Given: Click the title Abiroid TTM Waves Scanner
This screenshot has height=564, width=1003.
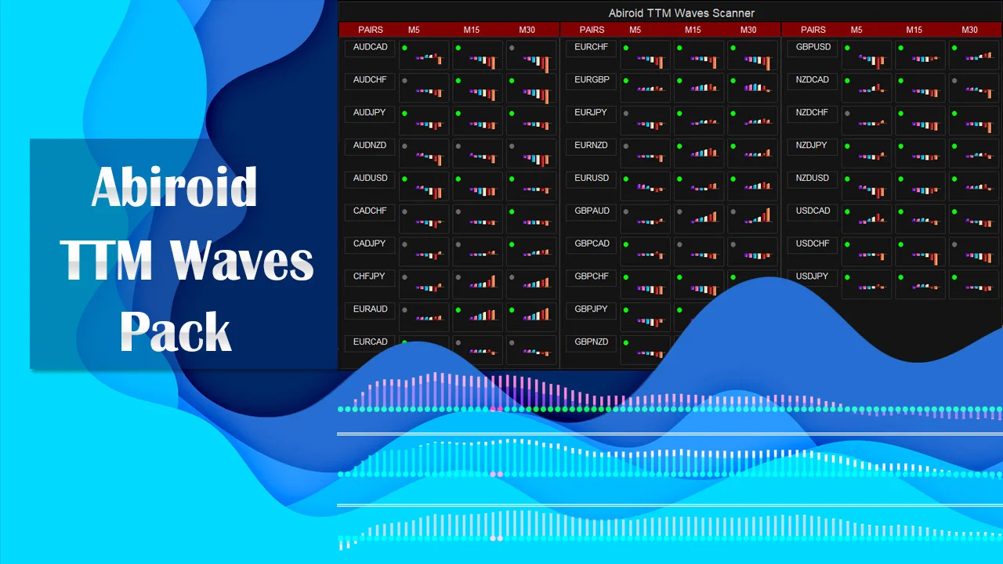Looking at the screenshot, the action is pyautogui.click(x=681, y=13).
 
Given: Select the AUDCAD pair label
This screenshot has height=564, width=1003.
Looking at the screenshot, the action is pyautogui.click(x=370, y=47).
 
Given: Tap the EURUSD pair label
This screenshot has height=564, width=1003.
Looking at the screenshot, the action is pyautogui.click(x=592, y=178).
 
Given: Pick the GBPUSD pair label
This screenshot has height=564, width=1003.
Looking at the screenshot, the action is pyautogui.click(x=813, y=47).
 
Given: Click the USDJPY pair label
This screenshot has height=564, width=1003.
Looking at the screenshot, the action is pyautogui.click(x=812, y=277).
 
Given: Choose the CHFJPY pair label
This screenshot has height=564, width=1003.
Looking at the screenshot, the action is pyautogui.click(x=369, y=277).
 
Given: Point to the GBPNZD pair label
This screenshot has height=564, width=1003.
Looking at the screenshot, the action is pyautogui.click(x=591, y=342).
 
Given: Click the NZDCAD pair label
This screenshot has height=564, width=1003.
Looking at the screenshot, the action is pyautogui.click(x=813, y=80).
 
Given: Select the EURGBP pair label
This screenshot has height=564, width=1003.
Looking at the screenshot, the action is pyautogui.click(x=592, y=80).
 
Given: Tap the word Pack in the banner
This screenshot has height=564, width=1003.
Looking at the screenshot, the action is pyautogui.click(x=176, y=331).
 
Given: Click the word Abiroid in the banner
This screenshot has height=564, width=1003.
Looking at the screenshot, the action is pyautogui.click(x=174, y=186).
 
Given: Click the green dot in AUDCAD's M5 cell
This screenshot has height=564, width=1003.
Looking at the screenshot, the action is pyautogui.click(x=404, y=48).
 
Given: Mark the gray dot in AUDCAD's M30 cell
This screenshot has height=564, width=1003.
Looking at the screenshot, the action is pyautogui.click(x=512, y=48).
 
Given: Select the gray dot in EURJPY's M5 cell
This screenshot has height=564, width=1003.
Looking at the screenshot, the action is pyautogui.click(x=626, y=114).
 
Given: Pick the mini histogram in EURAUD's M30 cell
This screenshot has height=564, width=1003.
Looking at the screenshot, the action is pyautogui.click(x=537, y=315).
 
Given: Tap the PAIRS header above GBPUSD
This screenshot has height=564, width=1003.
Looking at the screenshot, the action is pyautogui.click(x=813, y=30).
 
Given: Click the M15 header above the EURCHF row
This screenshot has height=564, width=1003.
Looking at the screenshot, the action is pyautogui.click(x=693, y=30).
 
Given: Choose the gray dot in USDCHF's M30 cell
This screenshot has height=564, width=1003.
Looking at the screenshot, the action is pyautogui.click(x=954, y=244).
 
